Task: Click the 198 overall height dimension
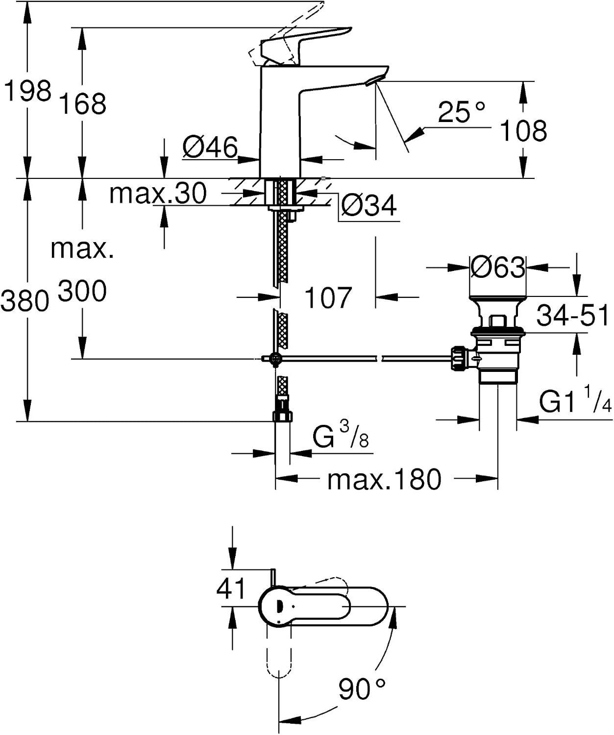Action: (x=27, y=91)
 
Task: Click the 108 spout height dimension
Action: (x=523, y=131)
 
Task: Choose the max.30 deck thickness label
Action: (x=158, y=193)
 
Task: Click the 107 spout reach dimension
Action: (x=328, y=298)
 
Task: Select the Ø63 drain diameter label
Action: (x=498, y=267)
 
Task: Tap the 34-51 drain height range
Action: (x=573, y=316)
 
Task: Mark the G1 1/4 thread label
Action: (x=576, y=399)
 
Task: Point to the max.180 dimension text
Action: (x=384, y=479)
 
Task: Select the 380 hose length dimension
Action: (x=25, y=301)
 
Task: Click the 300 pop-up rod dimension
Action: (x=82, y=291)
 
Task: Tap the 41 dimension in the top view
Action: (x=231, y=588)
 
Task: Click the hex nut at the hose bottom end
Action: (x=282, y=416)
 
